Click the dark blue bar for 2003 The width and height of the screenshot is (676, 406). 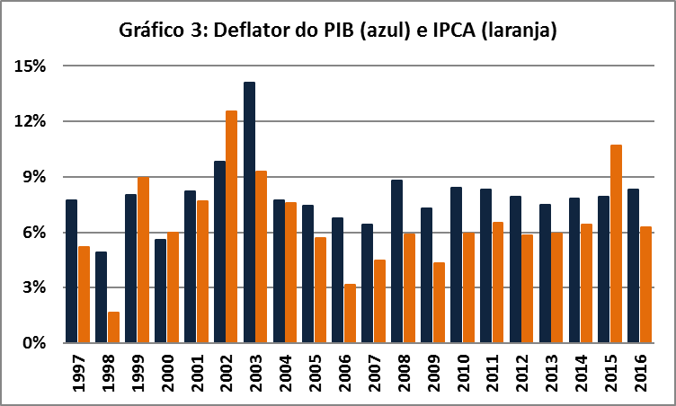(x=249, y=212)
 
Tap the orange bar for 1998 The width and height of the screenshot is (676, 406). (x=113, y=327)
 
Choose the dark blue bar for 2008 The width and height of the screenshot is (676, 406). (x=397, y=261)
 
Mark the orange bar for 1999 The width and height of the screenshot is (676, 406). (x=143, y=260)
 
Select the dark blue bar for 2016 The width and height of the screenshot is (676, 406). (x=634, y=266)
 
